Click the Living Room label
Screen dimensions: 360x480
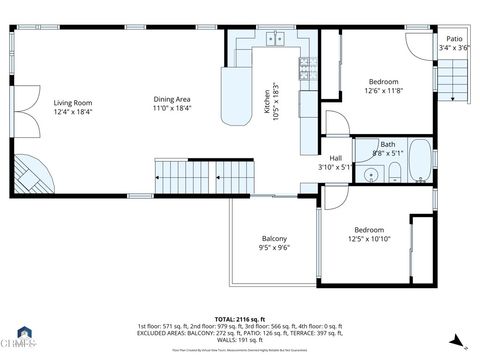click(73, 103)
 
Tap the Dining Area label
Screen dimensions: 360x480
click(172, 99)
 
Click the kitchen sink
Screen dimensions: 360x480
click(275, 40)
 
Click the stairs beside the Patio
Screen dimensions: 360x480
click(456, 77)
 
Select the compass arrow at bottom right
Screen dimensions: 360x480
click(456, 340)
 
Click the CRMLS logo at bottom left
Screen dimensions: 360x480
click(22, 338)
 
